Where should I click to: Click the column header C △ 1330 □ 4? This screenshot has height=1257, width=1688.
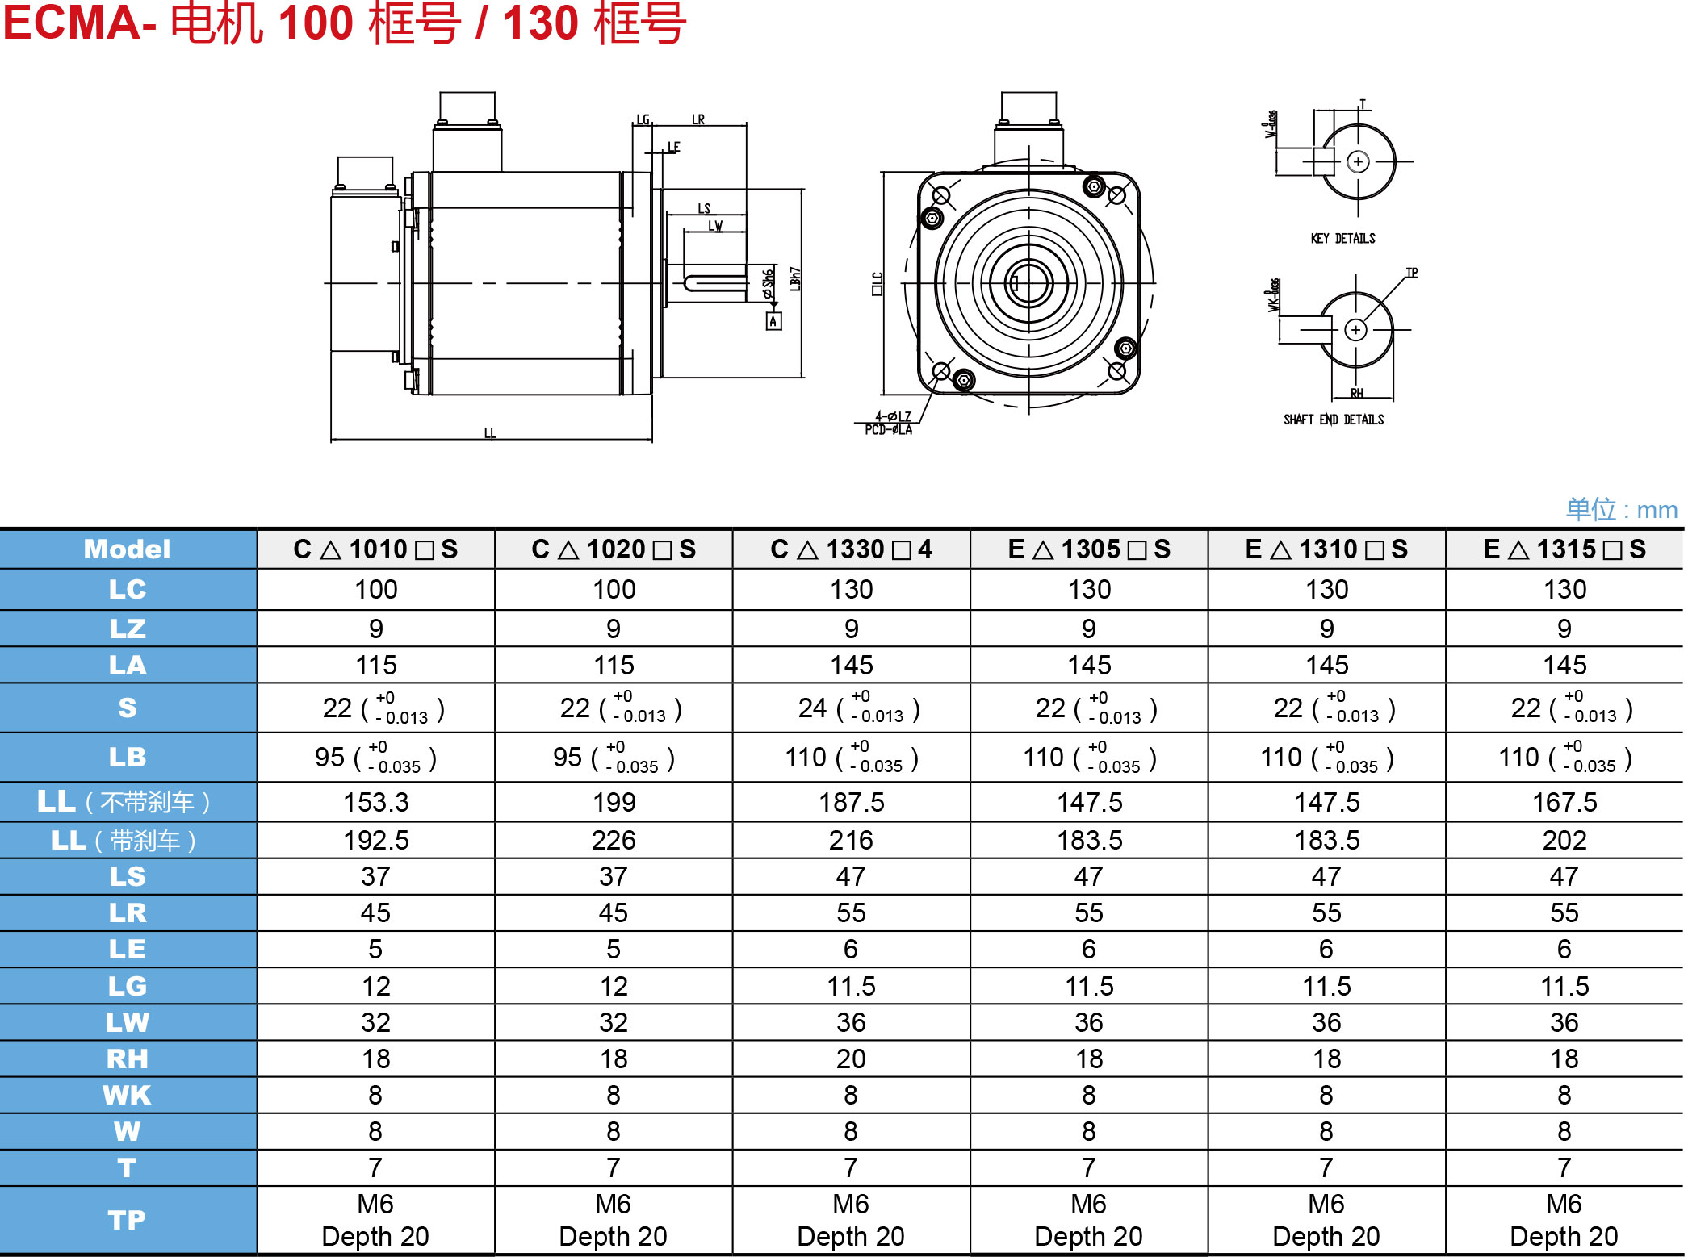(851, 549)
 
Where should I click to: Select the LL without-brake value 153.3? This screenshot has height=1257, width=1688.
(376, 802)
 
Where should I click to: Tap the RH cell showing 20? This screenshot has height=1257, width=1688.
(851, 1059)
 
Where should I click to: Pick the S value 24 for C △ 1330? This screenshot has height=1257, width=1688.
(812, 708)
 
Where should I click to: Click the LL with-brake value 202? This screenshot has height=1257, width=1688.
(1564, 840)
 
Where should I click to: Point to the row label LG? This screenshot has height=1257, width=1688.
(128, 986)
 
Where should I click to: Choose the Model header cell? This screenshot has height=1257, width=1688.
(128, 549)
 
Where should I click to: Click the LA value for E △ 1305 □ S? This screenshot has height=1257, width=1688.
(1089, 665)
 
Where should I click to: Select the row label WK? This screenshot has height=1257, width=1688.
(128, 1095)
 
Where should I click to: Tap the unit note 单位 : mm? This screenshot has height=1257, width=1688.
(1621, 509)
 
